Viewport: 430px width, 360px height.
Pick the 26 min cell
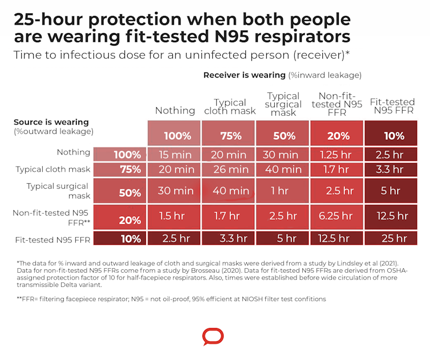(x=230, y=169)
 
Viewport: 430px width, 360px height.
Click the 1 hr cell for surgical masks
(x=279, y=191)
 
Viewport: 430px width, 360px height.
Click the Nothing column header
(x=175, y=110)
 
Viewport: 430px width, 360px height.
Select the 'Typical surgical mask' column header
(x=283, y=104)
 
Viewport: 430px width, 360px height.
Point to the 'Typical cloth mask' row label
(x=53, y=169)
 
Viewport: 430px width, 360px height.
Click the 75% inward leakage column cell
(x=230, y=136)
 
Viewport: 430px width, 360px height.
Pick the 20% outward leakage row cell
(x=130, y=221)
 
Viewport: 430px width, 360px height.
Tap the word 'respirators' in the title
(x=298, y=38)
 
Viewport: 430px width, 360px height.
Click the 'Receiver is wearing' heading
(x=244, y=75)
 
